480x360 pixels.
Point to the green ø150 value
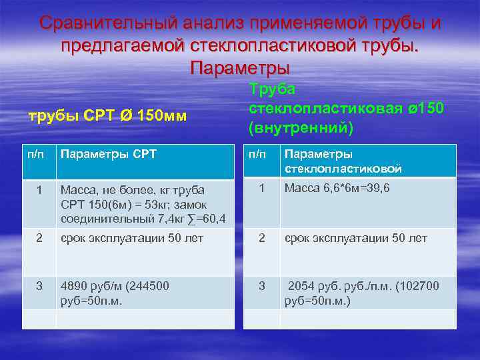click(425, 109)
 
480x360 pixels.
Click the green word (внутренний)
click(300, 127)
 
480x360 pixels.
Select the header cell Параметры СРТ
click(108, 155)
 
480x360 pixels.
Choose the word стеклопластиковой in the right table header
click(343, 169)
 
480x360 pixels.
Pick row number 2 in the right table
click(261, 238)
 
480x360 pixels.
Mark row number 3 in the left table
click(39, 286)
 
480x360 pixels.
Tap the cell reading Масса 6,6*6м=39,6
click(337, 189)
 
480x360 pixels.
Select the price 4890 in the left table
click(74, 286)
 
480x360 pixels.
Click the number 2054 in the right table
click(303, 286)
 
